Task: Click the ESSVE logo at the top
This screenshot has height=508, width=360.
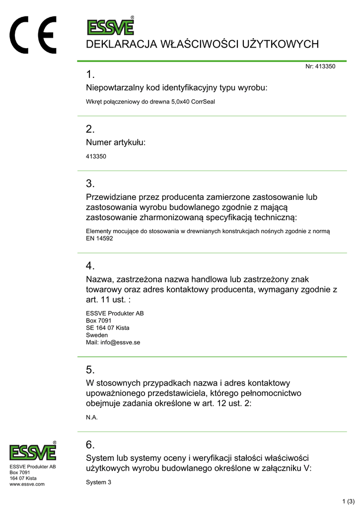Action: pyautogui.click(x=110, y=26)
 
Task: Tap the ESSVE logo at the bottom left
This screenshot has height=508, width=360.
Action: pyautogui.click(x=33, y=451)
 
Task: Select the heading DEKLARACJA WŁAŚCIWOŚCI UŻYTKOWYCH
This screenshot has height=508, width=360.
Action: pyautogui.click(x=202, y=45)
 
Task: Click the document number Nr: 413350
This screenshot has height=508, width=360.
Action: pyautogui.click(x=320, y=66)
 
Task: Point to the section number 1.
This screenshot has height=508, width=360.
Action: pyautogui.click(x=90, y=75)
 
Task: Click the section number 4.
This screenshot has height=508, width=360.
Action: pyautogui.click(x=90, y=266)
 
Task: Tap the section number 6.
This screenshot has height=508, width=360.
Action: pyautogui.click(x=90, y=444)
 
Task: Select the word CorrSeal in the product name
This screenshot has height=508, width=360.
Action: pyautogui.click(x=203, y=102)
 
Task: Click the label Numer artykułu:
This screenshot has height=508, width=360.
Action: pyautogui.click(x=116, y=142)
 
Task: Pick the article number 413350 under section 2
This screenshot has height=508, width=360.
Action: pyautogui.click(x=96, y=156)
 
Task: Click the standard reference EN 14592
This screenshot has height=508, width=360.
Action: pyautogui.click(x=99, y=238)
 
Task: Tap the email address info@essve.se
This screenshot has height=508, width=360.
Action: pyautogui.click(x=120, y=342)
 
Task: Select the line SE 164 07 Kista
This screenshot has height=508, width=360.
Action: pyautogui.click(x=108, y=327)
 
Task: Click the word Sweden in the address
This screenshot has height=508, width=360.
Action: pyautogui.click(x=97, y=335)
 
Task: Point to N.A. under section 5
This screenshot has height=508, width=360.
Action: pyautogui.click(x=92, y=417)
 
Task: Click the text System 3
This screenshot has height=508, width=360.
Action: pyautogui.click(x=99, y=482)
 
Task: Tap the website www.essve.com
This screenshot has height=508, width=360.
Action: pyautogui.click(x=27, y=484)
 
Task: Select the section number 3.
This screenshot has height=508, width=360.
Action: pyautogui.click(x=90, y=184)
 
